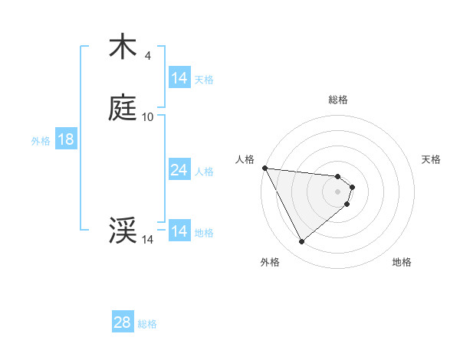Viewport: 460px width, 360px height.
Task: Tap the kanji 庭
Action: click(123, 109)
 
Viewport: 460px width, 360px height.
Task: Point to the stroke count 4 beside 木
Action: click(147, 56)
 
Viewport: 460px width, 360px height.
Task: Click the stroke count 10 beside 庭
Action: click(148, 117)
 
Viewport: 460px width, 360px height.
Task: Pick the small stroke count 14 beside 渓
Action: click(148, 240)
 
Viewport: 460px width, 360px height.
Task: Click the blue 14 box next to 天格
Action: click(179, 78)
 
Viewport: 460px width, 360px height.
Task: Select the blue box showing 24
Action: click(179, 170)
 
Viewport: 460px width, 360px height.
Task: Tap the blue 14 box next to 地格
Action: click(179, 231)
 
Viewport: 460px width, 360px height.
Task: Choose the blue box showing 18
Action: click(65, 139)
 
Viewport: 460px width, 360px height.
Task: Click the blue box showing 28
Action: click(123, 322)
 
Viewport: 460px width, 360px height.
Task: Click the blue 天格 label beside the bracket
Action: click(204, 79)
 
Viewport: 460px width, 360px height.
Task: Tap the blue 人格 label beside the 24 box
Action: click(204, 171)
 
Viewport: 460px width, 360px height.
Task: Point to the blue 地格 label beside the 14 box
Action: click(204, 232)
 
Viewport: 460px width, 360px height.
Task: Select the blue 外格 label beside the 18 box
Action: click(41, 140)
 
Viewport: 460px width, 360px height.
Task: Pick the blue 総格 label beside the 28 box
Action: click(147, 323)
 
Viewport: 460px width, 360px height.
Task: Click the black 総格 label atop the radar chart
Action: click(338, 100)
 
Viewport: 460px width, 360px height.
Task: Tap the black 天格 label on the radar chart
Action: click(432, 159)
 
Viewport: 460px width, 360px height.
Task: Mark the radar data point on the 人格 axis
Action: click(264, 168)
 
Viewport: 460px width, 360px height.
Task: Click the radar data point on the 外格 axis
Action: click(301, 242)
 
